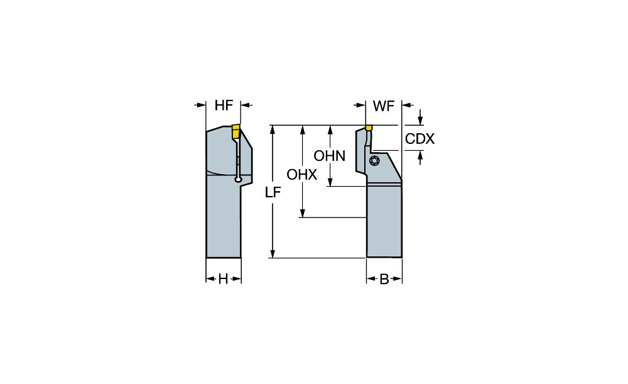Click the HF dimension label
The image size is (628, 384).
pos(224,106)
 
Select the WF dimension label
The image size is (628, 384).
pos(383,106)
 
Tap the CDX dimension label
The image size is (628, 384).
pos(420,139)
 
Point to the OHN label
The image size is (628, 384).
pos(330,156)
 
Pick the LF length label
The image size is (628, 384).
pos(272,193)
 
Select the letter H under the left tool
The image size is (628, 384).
pos(223,279)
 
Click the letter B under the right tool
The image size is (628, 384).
pos(384,279)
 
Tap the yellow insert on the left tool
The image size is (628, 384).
pos(235,131)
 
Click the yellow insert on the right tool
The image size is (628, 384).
pos(369,128)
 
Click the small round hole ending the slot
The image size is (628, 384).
pos(238,181)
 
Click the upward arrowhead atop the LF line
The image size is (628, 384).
pos(272,129)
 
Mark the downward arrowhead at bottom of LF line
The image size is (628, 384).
pos(272,253)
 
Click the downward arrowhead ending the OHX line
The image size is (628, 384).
pos(302,213)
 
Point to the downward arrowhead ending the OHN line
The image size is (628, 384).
pos(330,182)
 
